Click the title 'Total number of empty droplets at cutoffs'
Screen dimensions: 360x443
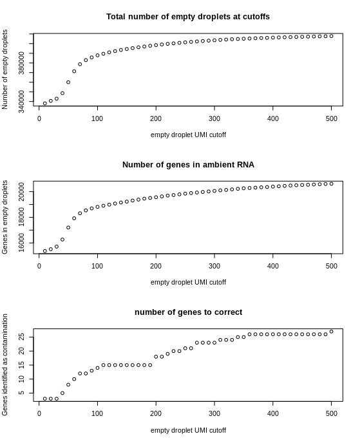tap(188, 17)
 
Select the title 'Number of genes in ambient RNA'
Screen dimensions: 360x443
tap(188, 164)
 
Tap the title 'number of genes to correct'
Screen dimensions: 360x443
tap(189, 312)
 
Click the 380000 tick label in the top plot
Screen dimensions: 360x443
tap(21, 62)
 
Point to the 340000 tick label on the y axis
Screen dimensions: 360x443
tap(21, 102)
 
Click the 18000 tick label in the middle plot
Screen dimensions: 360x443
tap(21, 217)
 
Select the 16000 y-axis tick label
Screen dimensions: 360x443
tap(21, 243)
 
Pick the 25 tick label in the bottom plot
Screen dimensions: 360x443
tap(21, 337)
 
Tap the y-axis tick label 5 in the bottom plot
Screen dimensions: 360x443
tap(21, 393)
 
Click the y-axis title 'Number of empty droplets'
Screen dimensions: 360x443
tap(5, 70)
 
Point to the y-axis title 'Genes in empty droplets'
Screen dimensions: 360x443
tap(5, 217)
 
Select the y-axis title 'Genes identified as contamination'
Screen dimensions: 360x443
tap(5, 364)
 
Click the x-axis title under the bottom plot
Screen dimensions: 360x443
tap(188, 430)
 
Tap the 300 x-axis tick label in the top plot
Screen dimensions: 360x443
tap(214, 118)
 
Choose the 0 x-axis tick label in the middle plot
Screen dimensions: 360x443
tap(39, 266)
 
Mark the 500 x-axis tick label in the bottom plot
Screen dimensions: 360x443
tap(332, 413)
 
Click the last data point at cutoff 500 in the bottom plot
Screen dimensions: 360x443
tap(332, 332)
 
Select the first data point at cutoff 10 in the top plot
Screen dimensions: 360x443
tap(45, 104)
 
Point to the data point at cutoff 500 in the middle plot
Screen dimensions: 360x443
tap(332, 184)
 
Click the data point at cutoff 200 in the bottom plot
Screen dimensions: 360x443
tap(156, 357)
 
